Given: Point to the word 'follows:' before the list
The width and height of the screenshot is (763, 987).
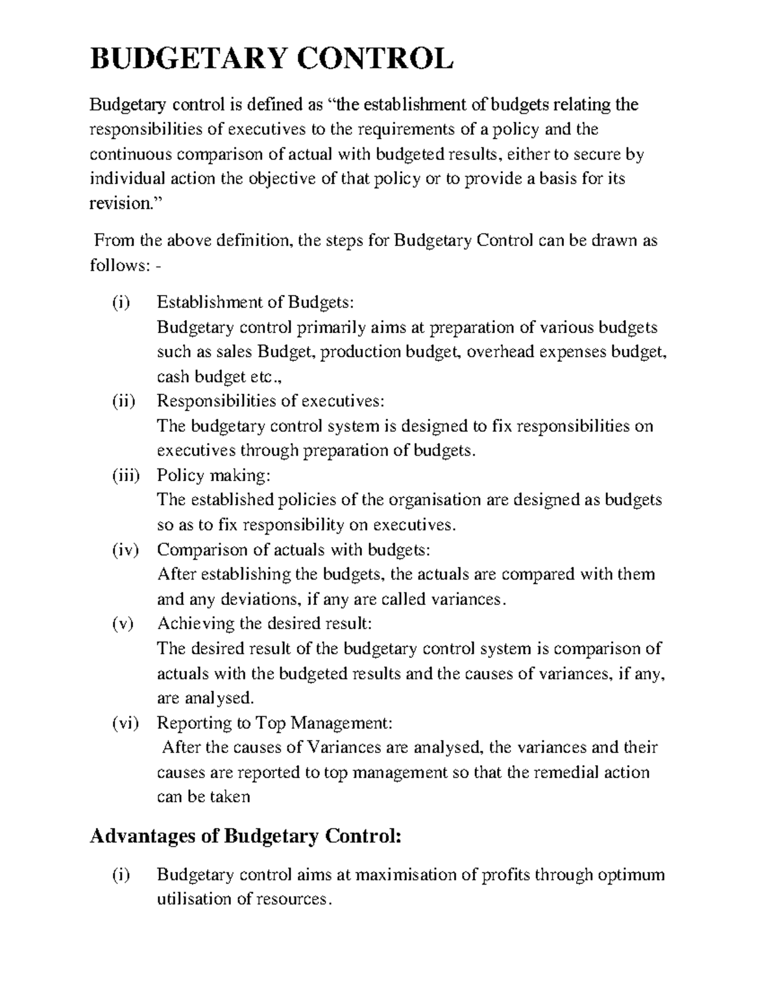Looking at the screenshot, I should click(x=120, y=265).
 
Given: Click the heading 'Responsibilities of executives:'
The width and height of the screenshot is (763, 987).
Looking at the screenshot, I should click(x=270, y=401).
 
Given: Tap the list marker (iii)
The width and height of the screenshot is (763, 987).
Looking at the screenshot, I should click(x=117, y=475).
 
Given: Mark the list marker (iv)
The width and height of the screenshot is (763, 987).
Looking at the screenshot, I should click(x=117, y=550).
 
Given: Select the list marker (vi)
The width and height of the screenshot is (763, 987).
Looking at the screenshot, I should click(x=117, y=723).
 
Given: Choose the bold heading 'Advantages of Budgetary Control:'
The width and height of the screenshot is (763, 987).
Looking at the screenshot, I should click(x=246, y=836).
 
